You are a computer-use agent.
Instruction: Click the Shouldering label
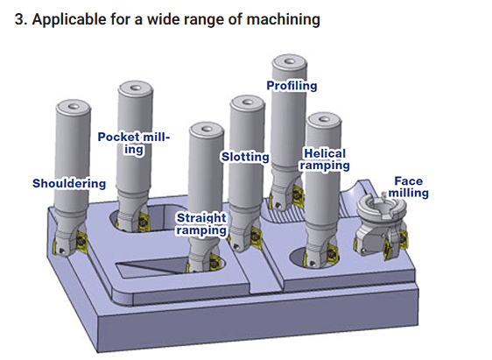click(x=69, y=184)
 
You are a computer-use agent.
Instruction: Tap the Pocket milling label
click(x=134, y=143)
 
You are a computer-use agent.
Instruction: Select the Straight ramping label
click(x=201, y=224)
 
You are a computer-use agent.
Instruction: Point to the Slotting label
click(x=245, y=157)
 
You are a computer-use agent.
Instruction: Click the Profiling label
click(x=292, y=86)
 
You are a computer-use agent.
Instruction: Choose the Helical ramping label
click(x=325, y=159)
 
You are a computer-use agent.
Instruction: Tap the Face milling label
click(x=409, y=187)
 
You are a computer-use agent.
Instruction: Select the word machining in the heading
click(x=283, y=20)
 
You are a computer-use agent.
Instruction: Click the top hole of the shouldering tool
click(x=74, y=106)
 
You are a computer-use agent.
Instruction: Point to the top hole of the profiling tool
click(x=289, y=61)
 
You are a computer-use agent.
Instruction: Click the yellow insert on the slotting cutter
click(x=256, y=238)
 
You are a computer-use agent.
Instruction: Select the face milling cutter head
click(x=381, y=226)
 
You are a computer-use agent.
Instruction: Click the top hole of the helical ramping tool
click(x=324, y=119)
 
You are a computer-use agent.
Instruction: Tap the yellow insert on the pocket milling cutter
click(x=144, y=222)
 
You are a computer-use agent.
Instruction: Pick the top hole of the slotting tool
click(x=247, y=102)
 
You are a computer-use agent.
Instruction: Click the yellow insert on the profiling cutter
click(x=298, y=196)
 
